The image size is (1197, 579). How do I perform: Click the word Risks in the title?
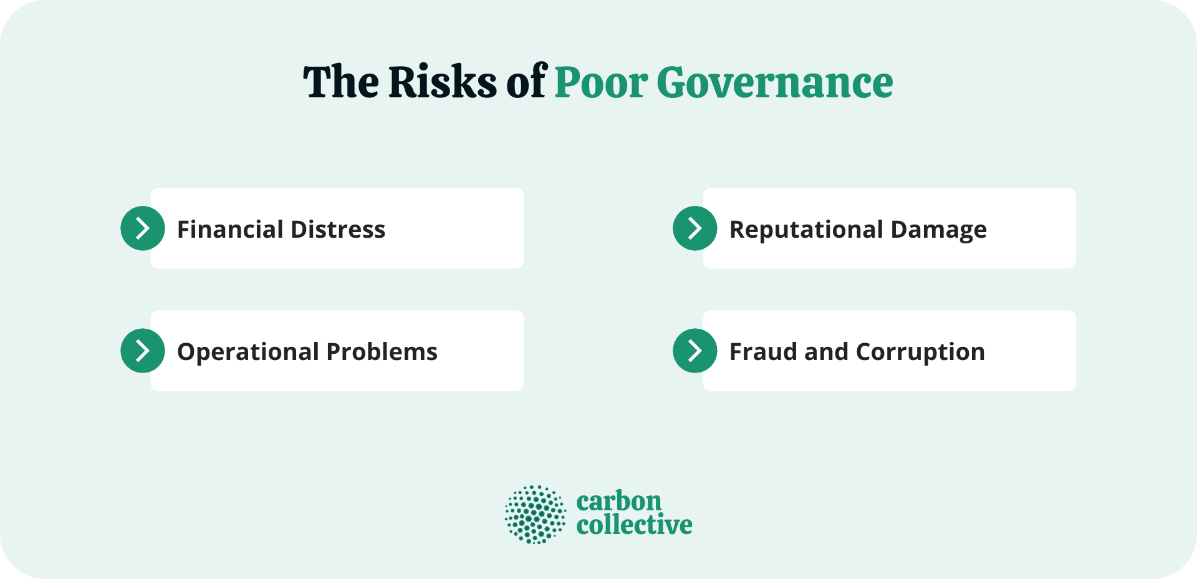click(443, 82)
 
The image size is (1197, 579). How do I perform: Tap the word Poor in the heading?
click(601, 82)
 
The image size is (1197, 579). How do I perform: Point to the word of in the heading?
click(526, 82)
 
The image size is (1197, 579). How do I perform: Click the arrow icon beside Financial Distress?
click(143, 228)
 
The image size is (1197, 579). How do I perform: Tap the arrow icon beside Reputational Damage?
click(695, 228)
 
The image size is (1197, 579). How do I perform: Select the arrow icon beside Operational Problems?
click(143, 351)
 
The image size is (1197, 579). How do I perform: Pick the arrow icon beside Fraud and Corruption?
click(695, 351)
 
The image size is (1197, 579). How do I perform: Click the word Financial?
click(230, 230)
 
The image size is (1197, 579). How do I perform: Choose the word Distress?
click(338, 230)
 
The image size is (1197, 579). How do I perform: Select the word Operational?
click(248, 353)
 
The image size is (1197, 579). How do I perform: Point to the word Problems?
click(382, 353)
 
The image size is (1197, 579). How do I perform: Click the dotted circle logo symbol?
click(536, 515)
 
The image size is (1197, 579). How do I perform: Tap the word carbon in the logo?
click(618, 501)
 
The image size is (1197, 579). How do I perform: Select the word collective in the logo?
click(634, 525)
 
